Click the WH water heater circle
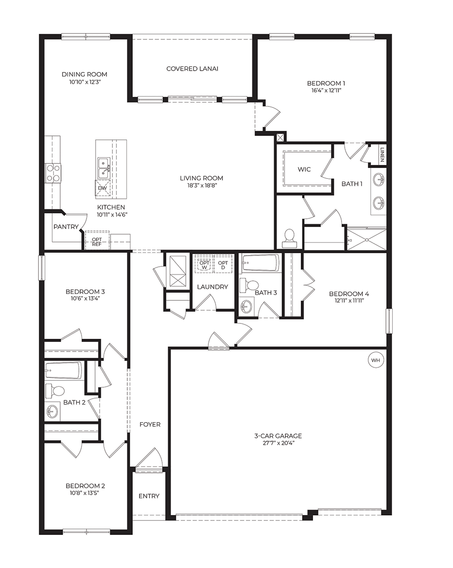coord(376,360)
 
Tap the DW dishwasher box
coord(102,188)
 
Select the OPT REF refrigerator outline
coord(97,240)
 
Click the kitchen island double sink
coord(104,168)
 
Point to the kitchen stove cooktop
coord(53,173)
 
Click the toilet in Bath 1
coord(289,238)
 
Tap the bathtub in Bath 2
coord(64,371)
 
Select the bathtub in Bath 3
coord(260,263)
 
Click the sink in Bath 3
coord(246,307)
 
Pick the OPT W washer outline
coord(204,264)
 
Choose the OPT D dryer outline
coord(223,264)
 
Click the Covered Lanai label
coord(192,69)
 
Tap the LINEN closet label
coord(382,154)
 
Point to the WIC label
coord(304,169)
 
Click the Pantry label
coord(66,227)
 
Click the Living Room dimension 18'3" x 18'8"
coord(202,185)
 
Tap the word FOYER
coord(150,425)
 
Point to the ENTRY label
coord(149,496)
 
